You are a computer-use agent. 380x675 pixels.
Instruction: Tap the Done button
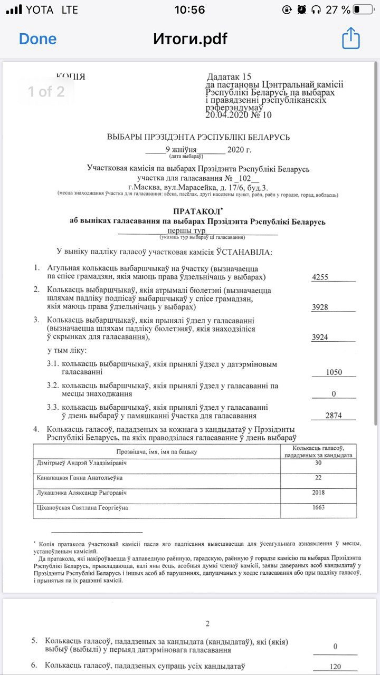(37, 38)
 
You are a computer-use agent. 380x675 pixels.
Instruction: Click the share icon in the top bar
(351, 38)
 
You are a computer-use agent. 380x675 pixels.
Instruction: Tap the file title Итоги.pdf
(190, 38)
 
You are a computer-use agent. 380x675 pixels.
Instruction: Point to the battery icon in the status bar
(364, 9)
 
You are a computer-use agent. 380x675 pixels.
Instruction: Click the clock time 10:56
(189, 9)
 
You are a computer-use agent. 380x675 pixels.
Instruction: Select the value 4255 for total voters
(320, 277)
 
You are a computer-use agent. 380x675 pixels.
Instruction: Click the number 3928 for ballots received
(320, 307)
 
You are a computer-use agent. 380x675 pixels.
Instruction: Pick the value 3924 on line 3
(320, 337)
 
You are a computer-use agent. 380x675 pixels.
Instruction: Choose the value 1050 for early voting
(334, 372)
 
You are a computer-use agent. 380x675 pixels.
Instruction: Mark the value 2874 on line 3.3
(334, 415)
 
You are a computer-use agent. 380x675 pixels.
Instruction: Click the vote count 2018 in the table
(318, 493)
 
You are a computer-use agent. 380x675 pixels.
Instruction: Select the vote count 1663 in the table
(318, 507)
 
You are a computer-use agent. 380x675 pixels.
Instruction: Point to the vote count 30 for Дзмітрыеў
(318, 462)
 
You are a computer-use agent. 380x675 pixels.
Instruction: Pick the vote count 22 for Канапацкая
(318, 478)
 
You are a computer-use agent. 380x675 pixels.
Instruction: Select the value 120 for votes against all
(335, 667)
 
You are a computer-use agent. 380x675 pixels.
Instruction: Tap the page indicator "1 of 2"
(46, 92)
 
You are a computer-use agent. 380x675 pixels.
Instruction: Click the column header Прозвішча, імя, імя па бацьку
(156, 451)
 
